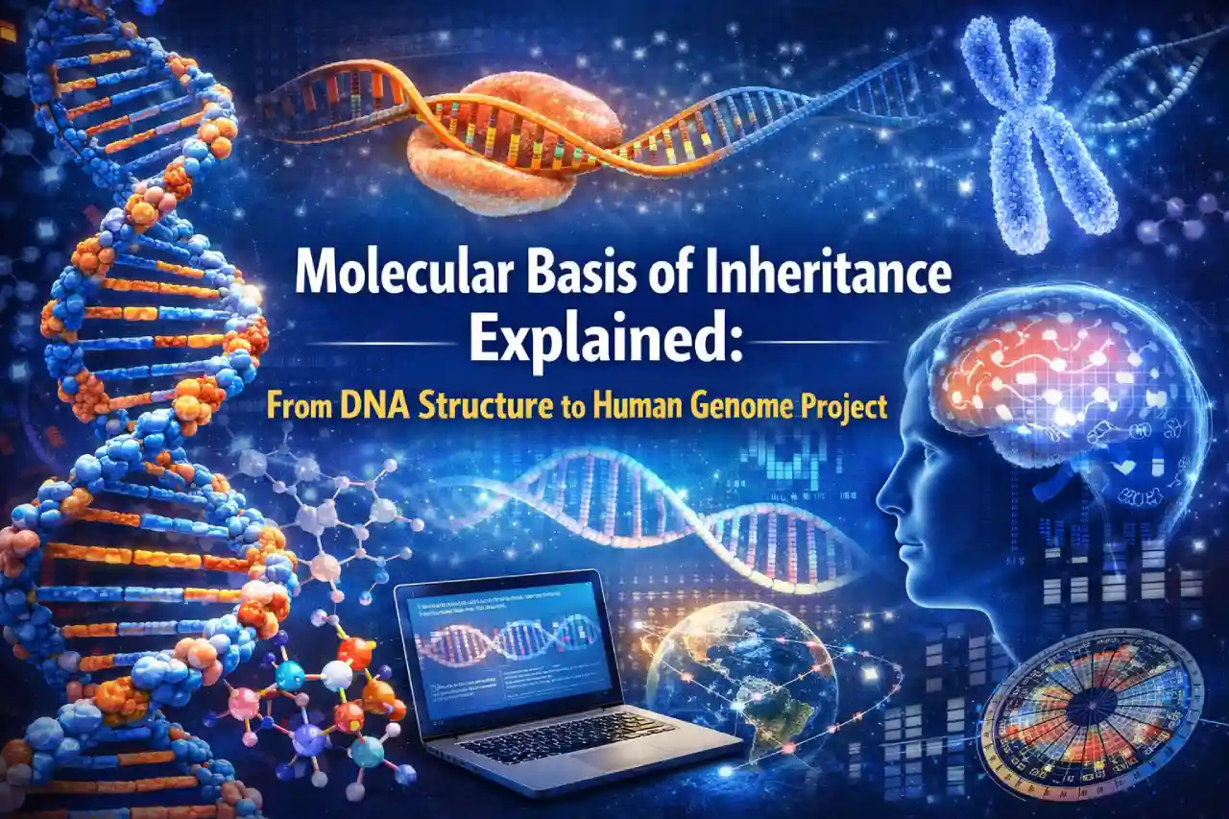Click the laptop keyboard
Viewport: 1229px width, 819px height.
pyautogui.click(x=566, y=734)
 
